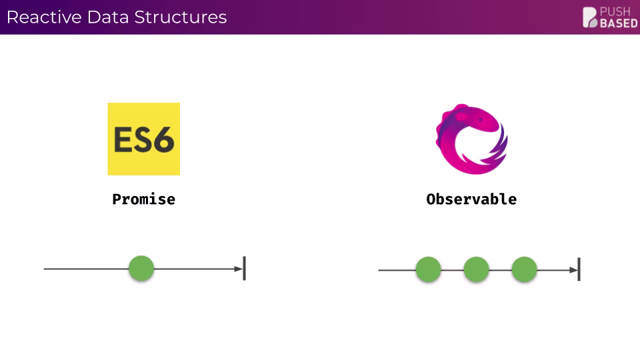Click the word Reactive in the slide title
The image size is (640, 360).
pyautogui.click(x=44, y=17)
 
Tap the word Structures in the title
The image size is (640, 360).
pyautogui.click(x=181, y=17)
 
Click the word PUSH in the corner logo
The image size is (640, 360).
pyautogui.click(x=615, y=11)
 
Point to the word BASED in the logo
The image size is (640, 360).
pyautogui.click(x=618, y=23)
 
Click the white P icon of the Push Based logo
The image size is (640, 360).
pyautogui.click(x=590, y=17)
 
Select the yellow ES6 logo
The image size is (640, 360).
pyautogui.click(x=143, y=139)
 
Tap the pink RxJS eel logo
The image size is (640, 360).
pyautogui.click(x=471, y=138)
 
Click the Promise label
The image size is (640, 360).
pyautogui.click(x=143, y=199)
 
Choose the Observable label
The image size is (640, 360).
pyautogui.click(x=471, y=199)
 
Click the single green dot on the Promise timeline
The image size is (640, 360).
pyautogui.click(x=141, y=269)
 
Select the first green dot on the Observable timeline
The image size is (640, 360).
pyautogui.click(x=428, y=269)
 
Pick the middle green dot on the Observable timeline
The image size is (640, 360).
pyautogui.click(x=476, y=269)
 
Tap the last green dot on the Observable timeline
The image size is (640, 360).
pyautogui.click(x=524, y=269)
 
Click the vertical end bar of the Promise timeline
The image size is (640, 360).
pyautogui.click(x=244, y=268)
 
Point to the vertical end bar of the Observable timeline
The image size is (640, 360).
pyautogui.click(x=579, y=269)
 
